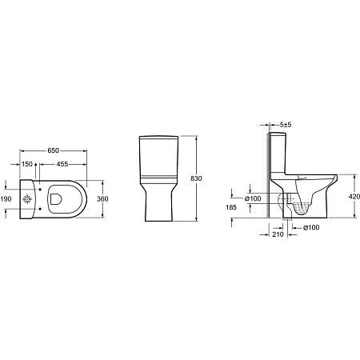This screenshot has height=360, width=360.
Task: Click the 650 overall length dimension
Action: click(x=52, y=150)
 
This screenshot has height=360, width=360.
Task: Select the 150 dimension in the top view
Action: click(x=27, y=164)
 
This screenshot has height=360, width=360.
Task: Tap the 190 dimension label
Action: click(x=6, y=198)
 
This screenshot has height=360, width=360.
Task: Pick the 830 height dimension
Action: click(x=206, y=178)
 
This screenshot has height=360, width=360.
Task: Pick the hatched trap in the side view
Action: click(x=299, y=207)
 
